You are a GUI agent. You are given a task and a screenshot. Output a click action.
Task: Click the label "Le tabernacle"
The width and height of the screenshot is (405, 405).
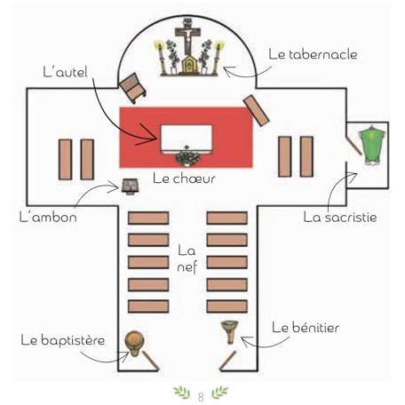pyautogui.click(x=313, y=54)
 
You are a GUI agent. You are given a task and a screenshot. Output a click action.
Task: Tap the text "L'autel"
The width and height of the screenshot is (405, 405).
pyautogui.click(x=66, y=72)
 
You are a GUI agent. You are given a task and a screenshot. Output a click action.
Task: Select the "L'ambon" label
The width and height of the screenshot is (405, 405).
pyautogui.click(x=48, y=217)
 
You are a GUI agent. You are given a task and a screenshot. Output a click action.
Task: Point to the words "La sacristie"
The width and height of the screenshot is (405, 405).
pyautogui.click(x=340, y=218)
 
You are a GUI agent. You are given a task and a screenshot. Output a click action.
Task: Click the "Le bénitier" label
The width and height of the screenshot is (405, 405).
pyautogui.click(x=306, y=328)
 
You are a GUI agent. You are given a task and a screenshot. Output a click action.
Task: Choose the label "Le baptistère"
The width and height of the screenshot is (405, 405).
pyautogui.click(x=63, y=340)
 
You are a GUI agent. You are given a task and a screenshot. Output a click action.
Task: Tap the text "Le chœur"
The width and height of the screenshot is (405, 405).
pyautogui.click(x=184, y=179)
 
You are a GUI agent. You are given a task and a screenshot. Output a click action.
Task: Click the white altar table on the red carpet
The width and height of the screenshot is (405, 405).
pyautogui.click(x=187, y=138)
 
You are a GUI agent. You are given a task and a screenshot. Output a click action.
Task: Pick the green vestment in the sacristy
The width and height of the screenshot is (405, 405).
pyautogui.click(x=372, y=145)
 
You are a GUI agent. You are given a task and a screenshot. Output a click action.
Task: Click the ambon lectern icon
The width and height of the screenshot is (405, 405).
pyautogui.click(x=130, y=187)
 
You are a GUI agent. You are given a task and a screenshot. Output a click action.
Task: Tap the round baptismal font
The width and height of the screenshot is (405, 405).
pyautogui.click(x=135, y=344)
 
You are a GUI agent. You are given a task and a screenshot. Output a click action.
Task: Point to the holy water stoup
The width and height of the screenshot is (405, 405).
pyautogui.click(x=229, y=332)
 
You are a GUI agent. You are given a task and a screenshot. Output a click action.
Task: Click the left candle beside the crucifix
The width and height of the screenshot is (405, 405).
pyautogui.click(x=160, y=58)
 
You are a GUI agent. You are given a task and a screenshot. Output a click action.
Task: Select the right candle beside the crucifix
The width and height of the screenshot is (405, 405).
pyautogui.click(x=218, y=57)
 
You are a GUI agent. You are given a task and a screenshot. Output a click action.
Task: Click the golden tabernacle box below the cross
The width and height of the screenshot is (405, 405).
pyautogui.click(x=187, y=64)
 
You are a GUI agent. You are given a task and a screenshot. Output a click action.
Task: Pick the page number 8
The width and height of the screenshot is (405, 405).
pyautogui.click(x=201, y=397)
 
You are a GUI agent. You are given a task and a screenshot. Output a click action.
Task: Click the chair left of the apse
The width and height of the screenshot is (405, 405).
pyautogui.click(x=132, y=88)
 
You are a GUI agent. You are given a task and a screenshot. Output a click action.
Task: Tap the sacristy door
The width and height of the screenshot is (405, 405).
pyautogui.click(x=354, y=144)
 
